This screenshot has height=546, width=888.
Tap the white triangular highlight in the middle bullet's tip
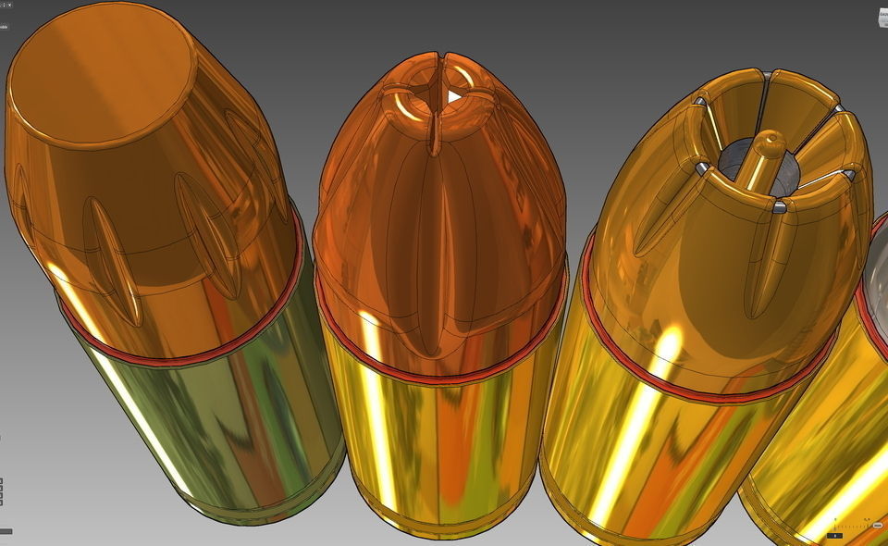coord(453,96)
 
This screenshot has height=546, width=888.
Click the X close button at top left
coord(9,5)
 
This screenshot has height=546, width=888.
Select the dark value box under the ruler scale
coord(834,536)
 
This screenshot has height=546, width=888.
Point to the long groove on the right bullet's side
coord(762,268)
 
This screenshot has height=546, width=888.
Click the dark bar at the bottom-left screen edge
coord(6,531)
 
